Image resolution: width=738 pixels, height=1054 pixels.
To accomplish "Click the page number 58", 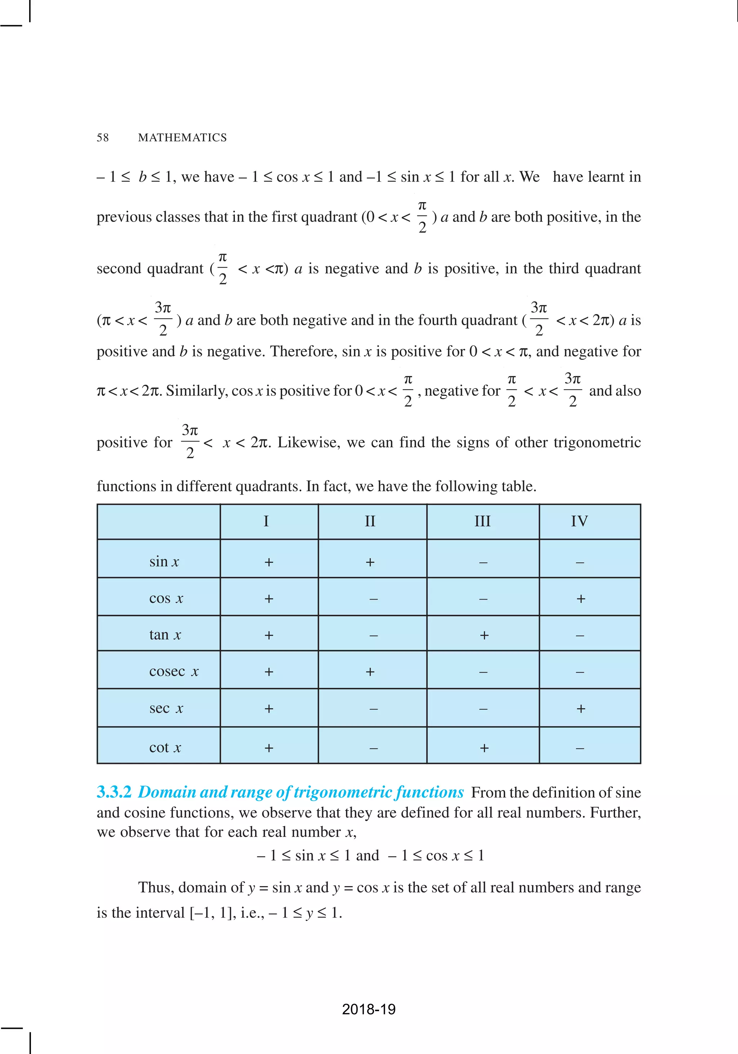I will pyautogui.click(x=102, y=138).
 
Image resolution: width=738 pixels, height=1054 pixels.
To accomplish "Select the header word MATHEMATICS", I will pyautogui.click(x=182, y=138).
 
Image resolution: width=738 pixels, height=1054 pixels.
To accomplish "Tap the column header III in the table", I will pyautogui.click(x=482, y=522).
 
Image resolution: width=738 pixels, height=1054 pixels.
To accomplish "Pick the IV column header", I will pyautogui.click(x=579, y=522).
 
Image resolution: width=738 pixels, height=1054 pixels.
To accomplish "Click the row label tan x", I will pyautogui.click(x=165, y=635).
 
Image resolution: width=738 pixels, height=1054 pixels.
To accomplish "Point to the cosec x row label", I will pyautogui.click(x=174, y=671).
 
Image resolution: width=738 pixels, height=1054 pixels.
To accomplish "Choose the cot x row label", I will pyautogui.click(x=165, y=748).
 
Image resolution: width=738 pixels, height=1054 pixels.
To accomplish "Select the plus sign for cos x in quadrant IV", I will pyautogui.click(x=581, y=599).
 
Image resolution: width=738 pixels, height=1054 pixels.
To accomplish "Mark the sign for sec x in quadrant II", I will pyautogui.click(x=374, y=709).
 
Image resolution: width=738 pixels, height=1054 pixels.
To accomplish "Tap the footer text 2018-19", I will pyautogui.click(x=369, y=1009).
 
